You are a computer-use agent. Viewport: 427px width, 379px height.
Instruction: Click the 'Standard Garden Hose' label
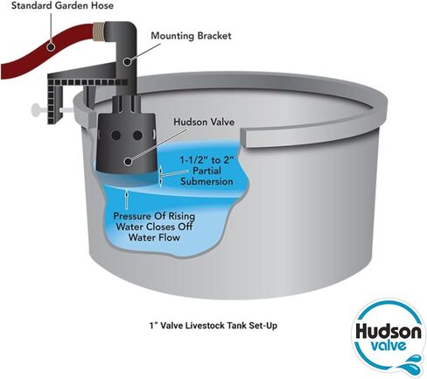(x=62, y=5)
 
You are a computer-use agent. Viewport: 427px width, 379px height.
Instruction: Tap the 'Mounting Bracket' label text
(x=191, y=36)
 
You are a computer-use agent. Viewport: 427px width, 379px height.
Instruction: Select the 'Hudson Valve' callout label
(x=204, y=122)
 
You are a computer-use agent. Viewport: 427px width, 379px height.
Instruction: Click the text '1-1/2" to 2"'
(x=206, y=160)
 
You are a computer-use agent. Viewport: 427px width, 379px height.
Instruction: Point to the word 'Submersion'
(x=206, y=181)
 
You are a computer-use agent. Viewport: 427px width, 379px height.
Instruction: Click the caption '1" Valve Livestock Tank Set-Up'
(x=213, y=326)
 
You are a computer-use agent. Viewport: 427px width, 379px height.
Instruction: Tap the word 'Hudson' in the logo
(x=388, y=331)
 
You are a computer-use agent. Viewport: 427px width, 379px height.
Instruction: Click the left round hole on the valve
(x=115, y=135)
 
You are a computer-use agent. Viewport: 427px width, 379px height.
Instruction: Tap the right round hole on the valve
(x=137, y=135)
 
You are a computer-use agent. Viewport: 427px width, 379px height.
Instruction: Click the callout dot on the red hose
(x=51, y=46)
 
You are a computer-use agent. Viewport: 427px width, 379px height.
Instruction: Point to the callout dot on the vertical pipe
(x=127, y=62)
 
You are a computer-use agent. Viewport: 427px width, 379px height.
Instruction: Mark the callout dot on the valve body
(x=127, y=161)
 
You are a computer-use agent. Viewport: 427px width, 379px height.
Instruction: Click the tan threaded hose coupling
(x=99, y=32)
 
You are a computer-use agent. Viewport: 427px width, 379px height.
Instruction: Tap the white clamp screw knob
(x=36, y=110)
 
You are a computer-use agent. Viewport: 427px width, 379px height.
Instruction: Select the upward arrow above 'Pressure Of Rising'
(x=127, y=199)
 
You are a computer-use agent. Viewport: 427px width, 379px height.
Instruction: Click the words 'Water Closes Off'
(x=154, y=227)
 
